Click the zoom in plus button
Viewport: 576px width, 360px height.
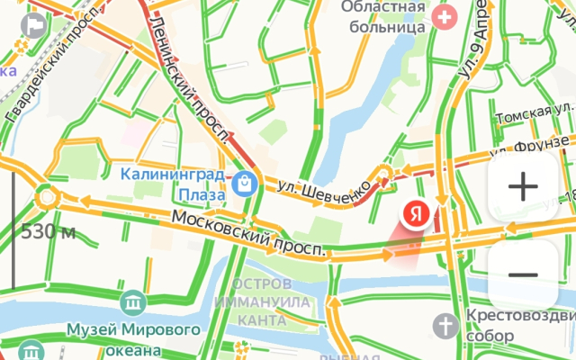[x=523, y=187]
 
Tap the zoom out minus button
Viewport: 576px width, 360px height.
[x=523, y=274]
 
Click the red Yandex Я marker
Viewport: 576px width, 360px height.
[x=415, y=214]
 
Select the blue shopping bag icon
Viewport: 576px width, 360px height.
[x=242, y=184]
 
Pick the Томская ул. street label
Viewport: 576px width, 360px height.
[x=535, y=114]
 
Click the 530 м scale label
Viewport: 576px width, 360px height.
[x=48, y=231]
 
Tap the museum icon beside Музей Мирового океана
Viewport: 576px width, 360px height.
[x=134, y=301]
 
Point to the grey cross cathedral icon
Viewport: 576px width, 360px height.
[x=446, y=322]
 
